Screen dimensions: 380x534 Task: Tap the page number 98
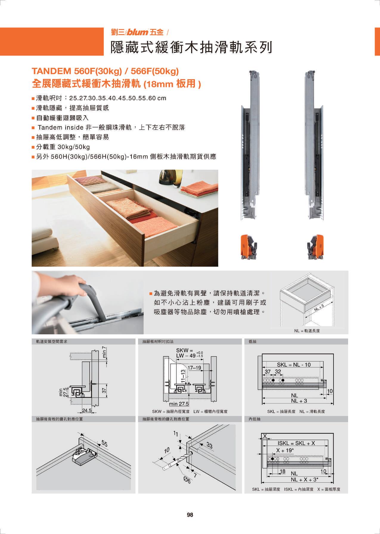[190, 515]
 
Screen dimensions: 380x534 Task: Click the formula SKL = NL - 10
[294, 364]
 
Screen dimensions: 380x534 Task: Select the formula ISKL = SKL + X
[296, 443]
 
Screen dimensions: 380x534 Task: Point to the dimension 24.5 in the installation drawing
[87, 410]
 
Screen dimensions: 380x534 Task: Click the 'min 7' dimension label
[104, 352]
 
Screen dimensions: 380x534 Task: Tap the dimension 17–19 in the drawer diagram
[194, 368]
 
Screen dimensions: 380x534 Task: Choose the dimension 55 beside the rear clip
[104, 444]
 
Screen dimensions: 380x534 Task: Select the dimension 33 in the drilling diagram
[210, 446]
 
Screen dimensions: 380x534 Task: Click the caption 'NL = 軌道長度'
[307, 331]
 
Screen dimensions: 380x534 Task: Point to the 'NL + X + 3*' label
[305, 480]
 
